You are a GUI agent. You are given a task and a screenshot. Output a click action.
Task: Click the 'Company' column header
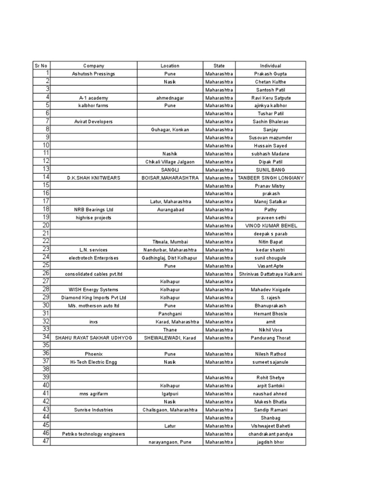(94, 66)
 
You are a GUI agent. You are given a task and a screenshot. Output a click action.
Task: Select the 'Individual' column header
(271, 66)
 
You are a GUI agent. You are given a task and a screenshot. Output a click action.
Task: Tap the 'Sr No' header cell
(41, 66)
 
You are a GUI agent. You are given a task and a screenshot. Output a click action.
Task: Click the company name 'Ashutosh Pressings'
(94, 74)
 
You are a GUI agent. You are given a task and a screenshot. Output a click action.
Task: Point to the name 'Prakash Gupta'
(271, 74)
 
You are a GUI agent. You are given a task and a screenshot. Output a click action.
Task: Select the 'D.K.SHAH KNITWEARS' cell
(94, 178)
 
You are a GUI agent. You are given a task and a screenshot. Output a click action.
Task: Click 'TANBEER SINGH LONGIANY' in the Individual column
(271, 178)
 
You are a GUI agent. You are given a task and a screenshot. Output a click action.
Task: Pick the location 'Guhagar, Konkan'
(170, 130)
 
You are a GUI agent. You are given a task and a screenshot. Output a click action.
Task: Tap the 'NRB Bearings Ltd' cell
(94, 210)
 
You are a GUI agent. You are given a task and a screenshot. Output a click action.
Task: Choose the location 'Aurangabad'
(170, 210)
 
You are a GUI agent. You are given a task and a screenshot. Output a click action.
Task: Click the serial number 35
(46, 345)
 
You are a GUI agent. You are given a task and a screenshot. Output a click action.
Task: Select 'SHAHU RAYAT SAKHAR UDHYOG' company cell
(94, 338)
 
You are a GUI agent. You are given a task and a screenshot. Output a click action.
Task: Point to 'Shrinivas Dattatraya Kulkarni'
(271, 274)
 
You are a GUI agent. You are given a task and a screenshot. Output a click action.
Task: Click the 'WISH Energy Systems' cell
(94, 290)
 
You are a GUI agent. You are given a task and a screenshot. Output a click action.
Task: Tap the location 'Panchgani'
(170, 314)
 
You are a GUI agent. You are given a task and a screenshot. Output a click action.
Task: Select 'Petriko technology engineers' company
(94, 434)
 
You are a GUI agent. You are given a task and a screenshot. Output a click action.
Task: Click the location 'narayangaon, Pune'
(170, 442)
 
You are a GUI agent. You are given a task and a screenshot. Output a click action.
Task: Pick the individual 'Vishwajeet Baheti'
(271, 426)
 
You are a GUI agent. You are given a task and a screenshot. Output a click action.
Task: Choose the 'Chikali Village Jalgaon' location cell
(170, 162)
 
